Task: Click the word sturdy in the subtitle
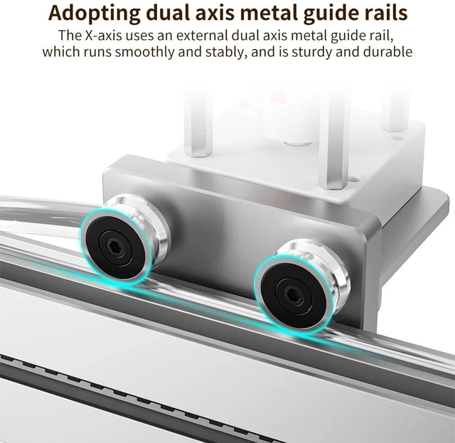[311, 53]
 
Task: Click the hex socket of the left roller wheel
[112, 247]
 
